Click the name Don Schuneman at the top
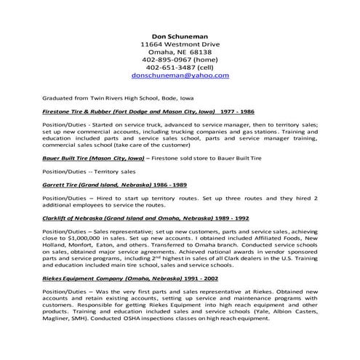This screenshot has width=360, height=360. point(180,33)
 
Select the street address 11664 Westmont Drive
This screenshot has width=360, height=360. point(180,44)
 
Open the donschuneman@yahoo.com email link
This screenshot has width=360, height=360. point(180,84)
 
